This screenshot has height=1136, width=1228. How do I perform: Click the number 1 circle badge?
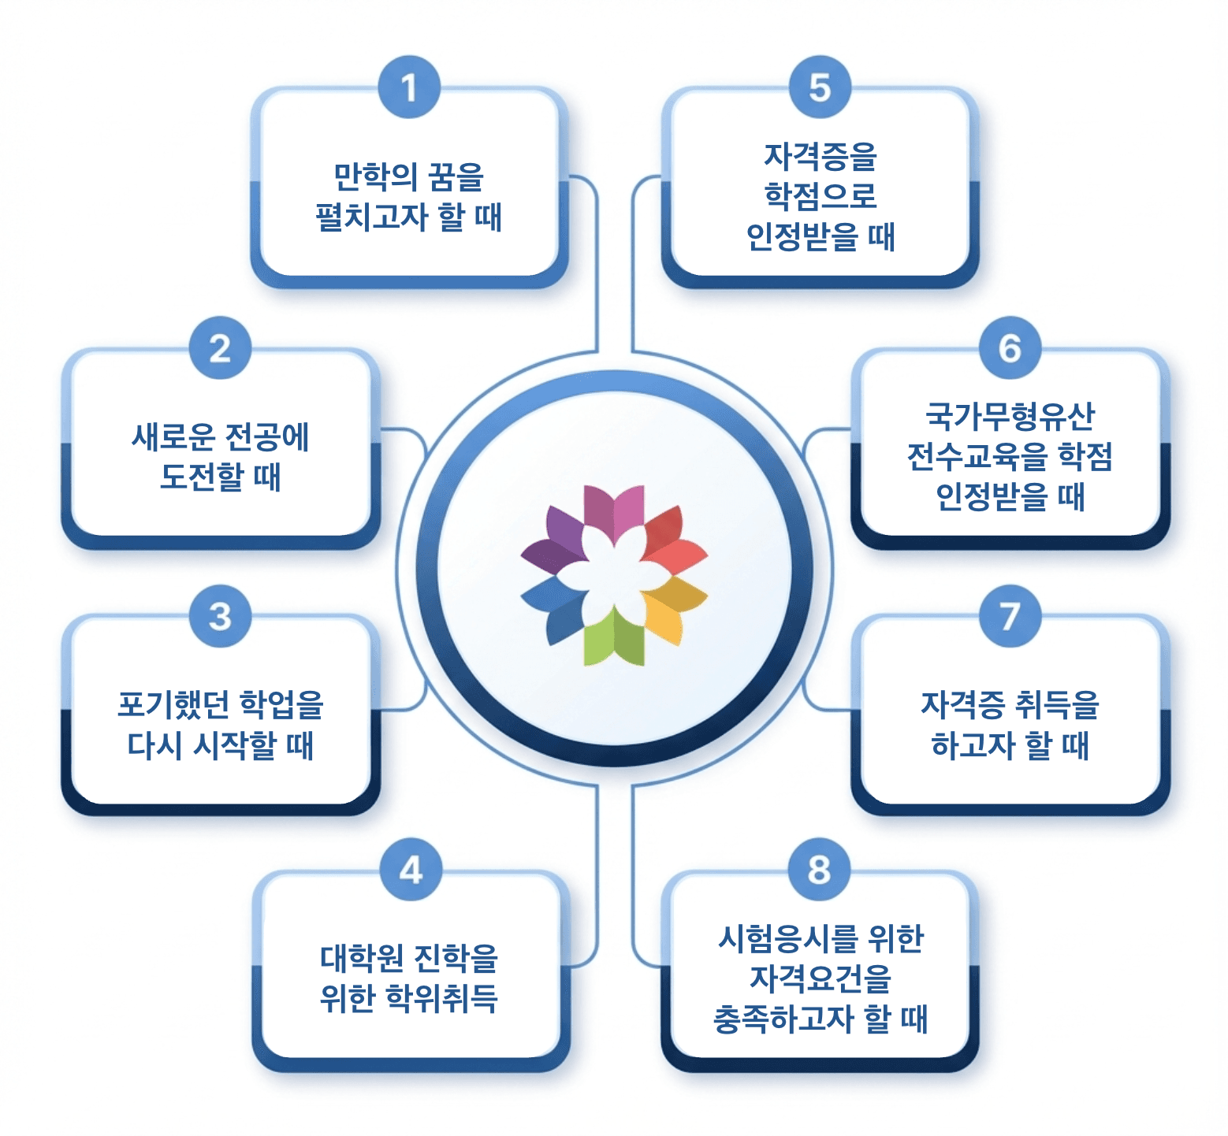pos(408,87)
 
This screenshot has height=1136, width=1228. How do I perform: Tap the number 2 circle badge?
pos(220,348)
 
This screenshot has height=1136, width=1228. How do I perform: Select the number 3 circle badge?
pos(220,616)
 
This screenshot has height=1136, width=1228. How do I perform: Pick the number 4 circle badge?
pos(410,870)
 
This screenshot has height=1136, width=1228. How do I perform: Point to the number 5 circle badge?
pos(820,87)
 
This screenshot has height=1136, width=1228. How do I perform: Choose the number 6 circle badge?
pos(1010,348)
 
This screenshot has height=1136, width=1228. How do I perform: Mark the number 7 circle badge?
pos(1010,616)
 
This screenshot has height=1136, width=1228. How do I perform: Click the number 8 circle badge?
pos(819,870)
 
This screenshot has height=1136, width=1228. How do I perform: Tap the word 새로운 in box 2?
pos(173,437)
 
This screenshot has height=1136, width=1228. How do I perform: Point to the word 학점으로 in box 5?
pos(821,196)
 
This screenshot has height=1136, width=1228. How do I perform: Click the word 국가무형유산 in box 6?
pos(1010,417)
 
